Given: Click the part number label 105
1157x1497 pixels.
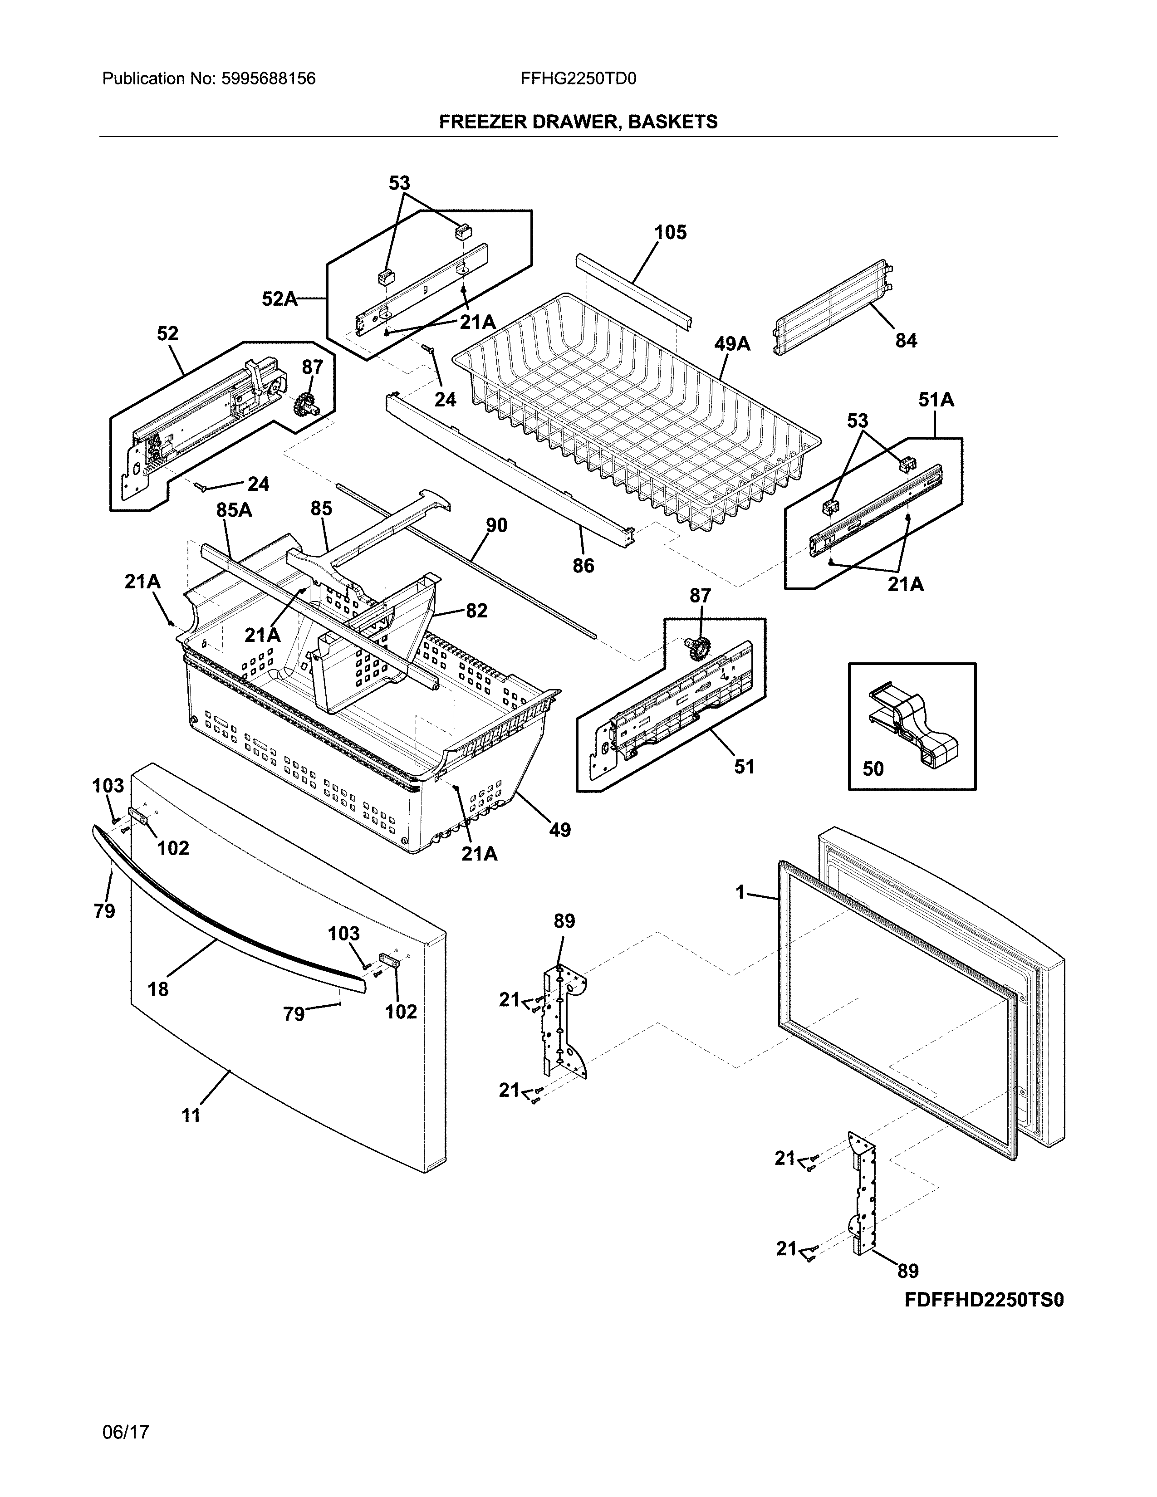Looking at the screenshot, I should (x=670, y=232).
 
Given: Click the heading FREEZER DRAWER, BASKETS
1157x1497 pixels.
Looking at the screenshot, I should (x=578, y=122).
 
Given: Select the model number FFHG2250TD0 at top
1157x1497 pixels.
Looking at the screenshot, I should (x=578, y=79).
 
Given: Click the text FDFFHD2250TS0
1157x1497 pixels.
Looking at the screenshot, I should (x=984, y=1300).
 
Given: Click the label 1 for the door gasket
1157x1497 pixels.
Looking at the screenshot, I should (x=740, y=892).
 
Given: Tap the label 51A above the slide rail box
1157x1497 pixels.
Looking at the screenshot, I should (x=936, y=400).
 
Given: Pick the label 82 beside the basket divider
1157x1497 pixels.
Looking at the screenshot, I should (x=476, y=610).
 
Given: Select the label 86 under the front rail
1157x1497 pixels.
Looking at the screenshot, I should (x=583, y=566).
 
